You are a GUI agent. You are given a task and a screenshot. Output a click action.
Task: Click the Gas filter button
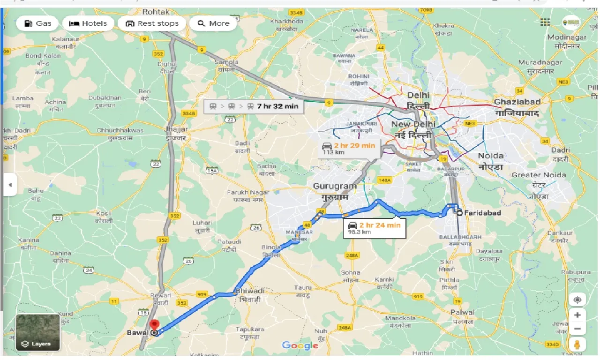[37, 23]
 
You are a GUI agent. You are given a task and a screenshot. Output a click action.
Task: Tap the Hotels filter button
[88, 23]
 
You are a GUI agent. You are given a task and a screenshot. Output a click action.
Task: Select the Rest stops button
[152, 23]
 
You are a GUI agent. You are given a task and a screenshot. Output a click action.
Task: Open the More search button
[213, 23]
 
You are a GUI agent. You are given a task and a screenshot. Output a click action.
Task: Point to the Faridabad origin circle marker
[459, 213]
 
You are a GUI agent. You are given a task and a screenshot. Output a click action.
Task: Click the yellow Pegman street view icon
[577, 345]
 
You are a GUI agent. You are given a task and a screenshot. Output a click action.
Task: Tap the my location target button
[577, 300]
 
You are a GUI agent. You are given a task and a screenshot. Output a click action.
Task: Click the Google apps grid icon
[545, 22]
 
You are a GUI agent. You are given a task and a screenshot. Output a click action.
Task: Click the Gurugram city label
[335, 187]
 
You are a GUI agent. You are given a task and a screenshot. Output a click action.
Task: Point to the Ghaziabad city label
[517, 102]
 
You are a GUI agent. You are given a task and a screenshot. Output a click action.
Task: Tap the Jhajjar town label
[176, 129]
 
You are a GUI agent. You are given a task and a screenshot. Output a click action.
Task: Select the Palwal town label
[462, 312]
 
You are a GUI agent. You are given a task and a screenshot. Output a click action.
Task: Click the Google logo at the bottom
[300, 346]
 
